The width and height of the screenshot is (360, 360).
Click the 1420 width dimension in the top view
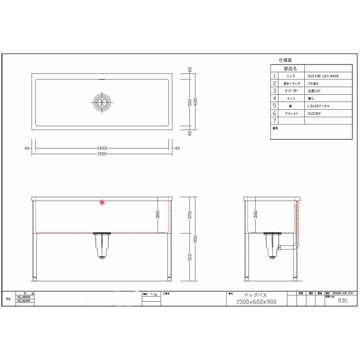click(x=102, y=148)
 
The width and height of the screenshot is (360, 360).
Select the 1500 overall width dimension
click(x=102, y=154)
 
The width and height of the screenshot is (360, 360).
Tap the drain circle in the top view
click(x=102, y=101)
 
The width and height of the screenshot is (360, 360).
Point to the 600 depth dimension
click(x=196, y=102)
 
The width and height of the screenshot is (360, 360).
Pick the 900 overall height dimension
click(x=196, y=239)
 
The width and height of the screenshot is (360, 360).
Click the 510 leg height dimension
click(x=190, y=256)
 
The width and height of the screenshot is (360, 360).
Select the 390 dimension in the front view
click(x=190, y=215)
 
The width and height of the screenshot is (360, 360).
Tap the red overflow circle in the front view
click(x=102, y=203)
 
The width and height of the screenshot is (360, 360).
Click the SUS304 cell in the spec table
click(x=314, y=114)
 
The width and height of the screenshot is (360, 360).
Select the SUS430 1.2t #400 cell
click(x=323, y=76)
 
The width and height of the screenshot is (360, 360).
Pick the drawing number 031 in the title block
click(x=342, y=302)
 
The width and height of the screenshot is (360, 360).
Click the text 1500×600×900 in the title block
click(x=256, y=302)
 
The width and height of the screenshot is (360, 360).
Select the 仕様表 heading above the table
click(x=286, y=60)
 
